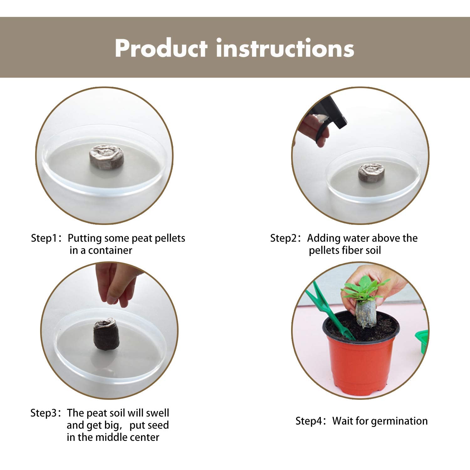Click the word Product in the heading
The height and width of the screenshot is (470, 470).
(161, 48)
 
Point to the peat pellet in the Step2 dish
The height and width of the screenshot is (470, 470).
(371, 173)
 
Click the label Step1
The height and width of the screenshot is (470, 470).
(44, 238)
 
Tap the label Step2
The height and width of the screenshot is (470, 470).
(283, 238)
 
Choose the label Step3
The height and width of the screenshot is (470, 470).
(43, 413)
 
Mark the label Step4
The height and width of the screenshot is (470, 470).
(309, 421)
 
